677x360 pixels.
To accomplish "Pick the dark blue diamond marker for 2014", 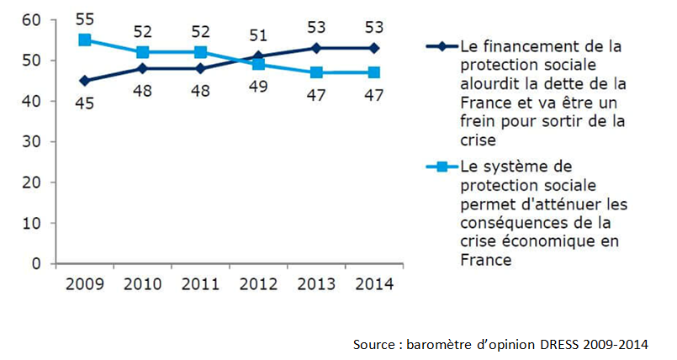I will click(374, 48).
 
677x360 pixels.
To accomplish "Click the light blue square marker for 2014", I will click(374, 72).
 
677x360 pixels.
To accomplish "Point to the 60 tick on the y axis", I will click(31, 19).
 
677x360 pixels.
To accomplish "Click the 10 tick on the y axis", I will click(31, 223).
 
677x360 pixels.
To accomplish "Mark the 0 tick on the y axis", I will click(36, 263).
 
